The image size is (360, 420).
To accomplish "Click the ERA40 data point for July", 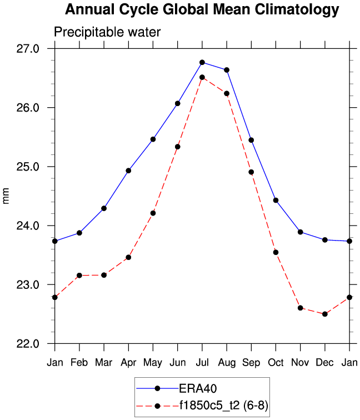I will coord(202,62).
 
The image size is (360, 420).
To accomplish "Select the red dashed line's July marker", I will coord(202,77).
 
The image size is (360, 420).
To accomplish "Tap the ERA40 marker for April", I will coord(128,171).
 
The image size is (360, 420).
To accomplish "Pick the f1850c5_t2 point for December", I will coord(325,314).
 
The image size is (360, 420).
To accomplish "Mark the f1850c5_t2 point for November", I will coord(301,308).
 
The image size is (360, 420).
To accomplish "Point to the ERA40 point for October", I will coord(276,200).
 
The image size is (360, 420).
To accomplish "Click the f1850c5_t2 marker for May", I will coord(153,213).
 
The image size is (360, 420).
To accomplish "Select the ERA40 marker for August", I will coord(227,70).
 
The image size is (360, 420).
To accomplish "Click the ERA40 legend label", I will coord(195,388).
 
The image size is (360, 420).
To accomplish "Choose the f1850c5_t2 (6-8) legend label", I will coord(223,406).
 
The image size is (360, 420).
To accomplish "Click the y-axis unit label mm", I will coord(7,196).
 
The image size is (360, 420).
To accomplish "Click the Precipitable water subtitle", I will coord(107,32).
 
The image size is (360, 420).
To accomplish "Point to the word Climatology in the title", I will coord(293,9).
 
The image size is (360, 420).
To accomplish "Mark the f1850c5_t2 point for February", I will coord(79,276).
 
